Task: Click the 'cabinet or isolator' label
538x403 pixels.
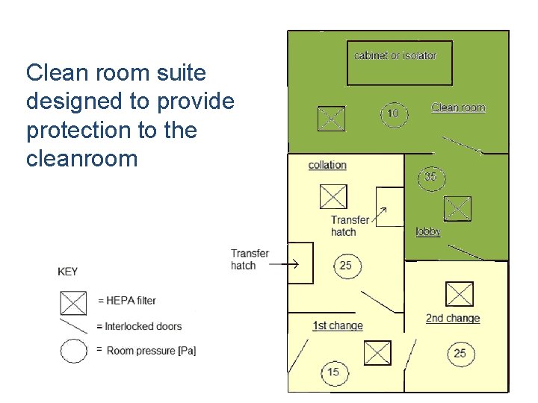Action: [x=395, y=55]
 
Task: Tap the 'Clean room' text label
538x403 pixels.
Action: [x=458, y=107]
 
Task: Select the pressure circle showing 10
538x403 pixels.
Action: [x=393, y=114]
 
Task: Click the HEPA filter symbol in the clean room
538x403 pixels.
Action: [x=331, y=118]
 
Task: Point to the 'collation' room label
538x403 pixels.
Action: [x=327, y=165]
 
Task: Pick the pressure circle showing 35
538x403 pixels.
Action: [x=430, y=178]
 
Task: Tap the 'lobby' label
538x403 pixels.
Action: [x=428, y=231]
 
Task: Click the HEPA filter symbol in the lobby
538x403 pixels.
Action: [x=457, y=208]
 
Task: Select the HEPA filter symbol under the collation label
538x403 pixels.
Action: [x=333, y=197]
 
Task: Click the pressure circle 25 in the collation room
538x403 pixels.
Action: [x=346, y=266]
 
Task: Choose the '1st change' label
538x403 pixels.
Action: [x=337, y=325]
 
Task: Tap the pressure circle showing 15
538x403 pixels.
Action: [x=333, y=372]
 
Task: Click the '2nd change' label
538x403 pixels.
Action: [x=453, y=318]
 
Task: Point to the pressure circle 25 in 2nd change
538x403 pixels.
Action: [x=460, y=353]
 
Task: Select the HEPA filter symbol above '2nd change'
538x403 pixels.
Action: [x=459, y=294]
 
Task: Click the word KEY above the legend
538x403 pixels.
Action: [x=67, y=272]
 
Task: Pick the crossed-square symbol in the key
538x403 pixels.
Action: [x=73, y=302]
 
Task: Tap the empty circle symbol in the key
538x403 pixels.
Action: [x=74, y=350]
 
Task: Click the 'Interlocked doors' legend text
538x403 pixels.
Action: [x=143, y=326]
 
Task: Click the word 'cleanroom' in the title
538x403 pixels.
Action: [x=82, y=158]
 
